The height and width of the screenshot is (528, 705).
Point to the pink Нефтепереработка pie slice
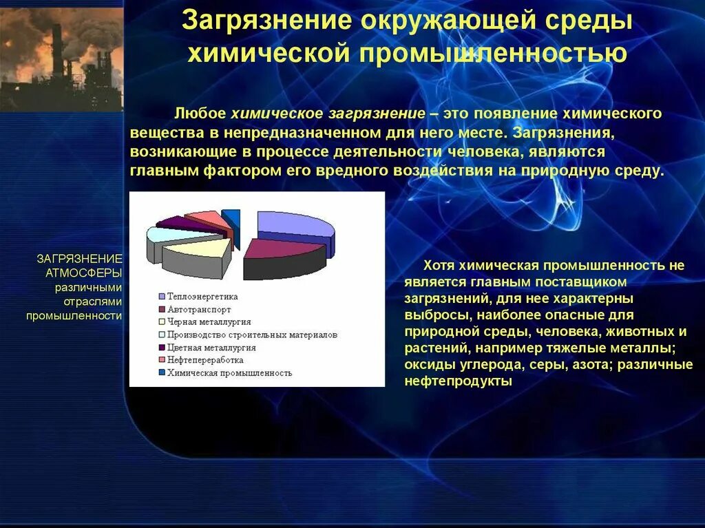[x=207, y=220]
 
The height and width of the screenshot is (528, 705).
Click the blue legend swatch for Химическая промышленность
[x=161, y=372]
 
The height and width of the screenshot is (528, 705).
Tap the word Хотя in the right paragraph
[x=438, y=265]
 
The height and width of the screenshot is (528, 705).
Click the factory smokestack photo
[x=61, y=56]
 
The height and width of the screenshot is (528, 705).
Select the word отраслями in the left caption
[x=92, y=302]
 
